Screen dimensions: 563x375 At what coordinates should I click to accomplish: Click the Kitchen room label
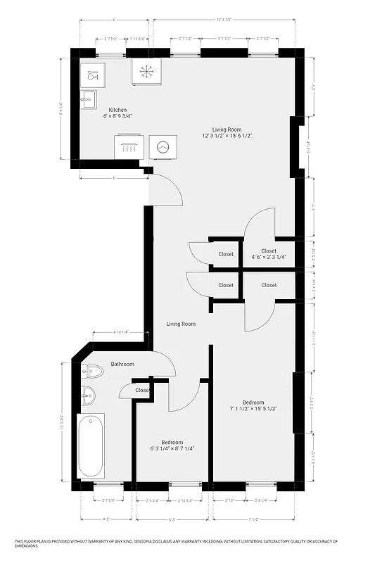click(117, 110)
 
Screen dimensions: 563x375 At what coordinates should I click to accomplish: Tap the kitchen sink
click(89, 99)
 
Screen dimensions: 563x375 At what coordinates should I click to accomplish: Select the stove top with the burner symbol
click(146, 70)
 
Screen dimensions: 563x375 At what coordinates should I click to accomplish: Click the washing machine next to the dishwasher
click(163, 147)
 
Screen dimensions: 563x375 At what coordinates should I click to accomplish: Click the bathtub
click(91, 445)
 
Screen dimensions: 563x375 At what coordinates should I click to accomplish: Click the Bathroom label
click(122, 364)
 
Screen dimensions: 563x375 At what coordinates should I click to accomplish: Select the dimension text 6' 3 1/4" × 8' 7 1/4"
click(172, 448)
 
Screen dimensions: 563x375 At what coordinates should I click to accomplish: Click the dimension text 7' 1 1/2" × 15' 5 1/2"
click(253, 408)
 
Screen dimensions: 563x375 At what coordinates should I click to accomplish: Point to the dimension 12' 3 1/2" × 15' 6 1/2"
click(227, 135)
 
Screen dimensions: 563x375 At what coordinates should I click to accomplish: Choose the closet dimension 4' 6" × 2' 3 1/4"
click(269, 257)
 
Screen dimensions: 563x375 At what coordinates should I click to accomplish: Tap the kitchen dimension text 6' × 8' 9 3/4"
click(117, 116)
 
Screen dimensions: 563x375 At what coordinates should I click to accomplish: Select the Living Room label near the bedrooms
click(181, 324)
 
